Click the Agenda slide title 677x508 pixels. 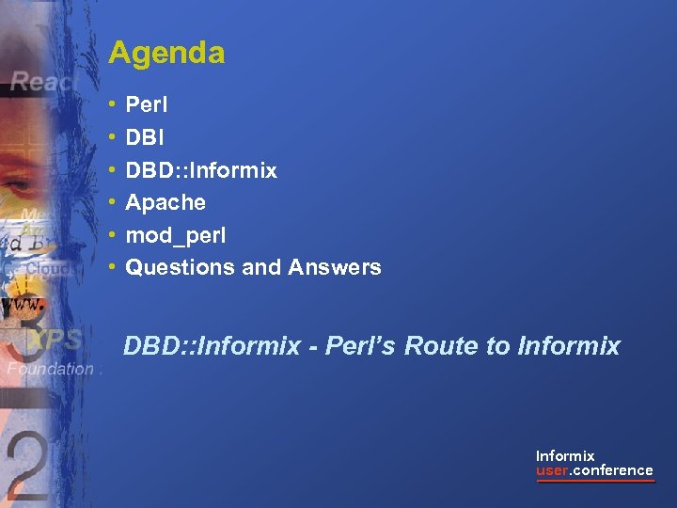(x=166, y=53)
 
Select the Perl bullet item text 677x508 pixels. (x=146, y=105)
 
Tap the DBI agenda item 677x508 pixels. (x=144, y=137)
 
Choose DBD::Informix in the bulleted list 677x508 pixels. (x=201, y=170)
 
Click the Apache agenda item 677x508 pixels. (x=165, y=202)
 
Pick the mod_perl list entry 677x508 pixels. (x=176, y=235)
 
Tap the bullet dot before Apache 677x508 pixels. (x=112, y=202)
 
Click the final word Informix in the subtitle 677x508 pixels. (x=569, y=346)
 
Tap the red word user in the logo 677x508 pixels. (x=552, y=470)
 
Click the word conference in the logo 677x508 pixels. (x=613, y=470)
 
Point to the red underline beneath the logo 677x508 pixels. (x=594, y=482)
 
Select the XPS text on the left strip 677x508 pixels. (x=55, y=340)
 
